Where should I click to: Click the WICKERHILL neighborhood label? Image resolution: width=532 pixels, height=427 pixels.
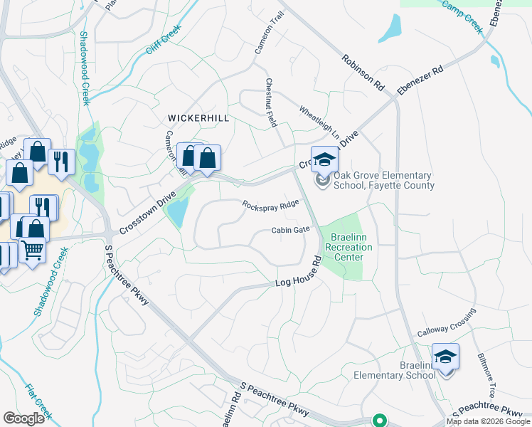(198, 118)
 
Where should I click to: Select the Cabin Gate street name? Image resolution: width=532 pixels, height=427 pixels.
(290, 230)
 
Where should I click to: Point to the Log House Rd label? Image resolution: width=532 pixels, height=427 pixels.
(299, 274)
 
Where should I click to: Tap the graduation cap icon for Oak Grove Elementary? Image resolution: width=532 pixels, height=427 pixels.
(324, 159)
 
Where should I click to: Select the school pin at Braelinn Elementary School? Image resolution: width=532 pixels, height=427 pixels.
(445, 357)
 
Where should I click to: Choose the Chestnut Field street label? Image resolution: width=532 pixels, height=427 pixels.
(271, 102)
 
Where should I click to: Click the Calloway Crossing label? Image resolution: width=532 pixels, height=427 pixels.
(446, 324)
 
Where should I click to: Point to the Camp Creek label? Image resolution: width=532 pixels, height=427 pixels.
(463, 16)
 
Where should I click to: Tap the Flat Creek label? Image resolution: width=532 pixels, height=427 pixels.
(39, 401)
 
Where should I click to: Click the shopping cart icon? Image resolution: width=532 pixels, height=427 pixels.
(32, 250)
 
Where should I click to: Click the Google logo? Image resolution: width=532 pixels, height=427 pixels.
(24, 418)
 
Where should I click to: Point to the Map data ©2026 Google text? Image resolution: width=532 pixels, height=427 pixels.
(488, 421)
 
